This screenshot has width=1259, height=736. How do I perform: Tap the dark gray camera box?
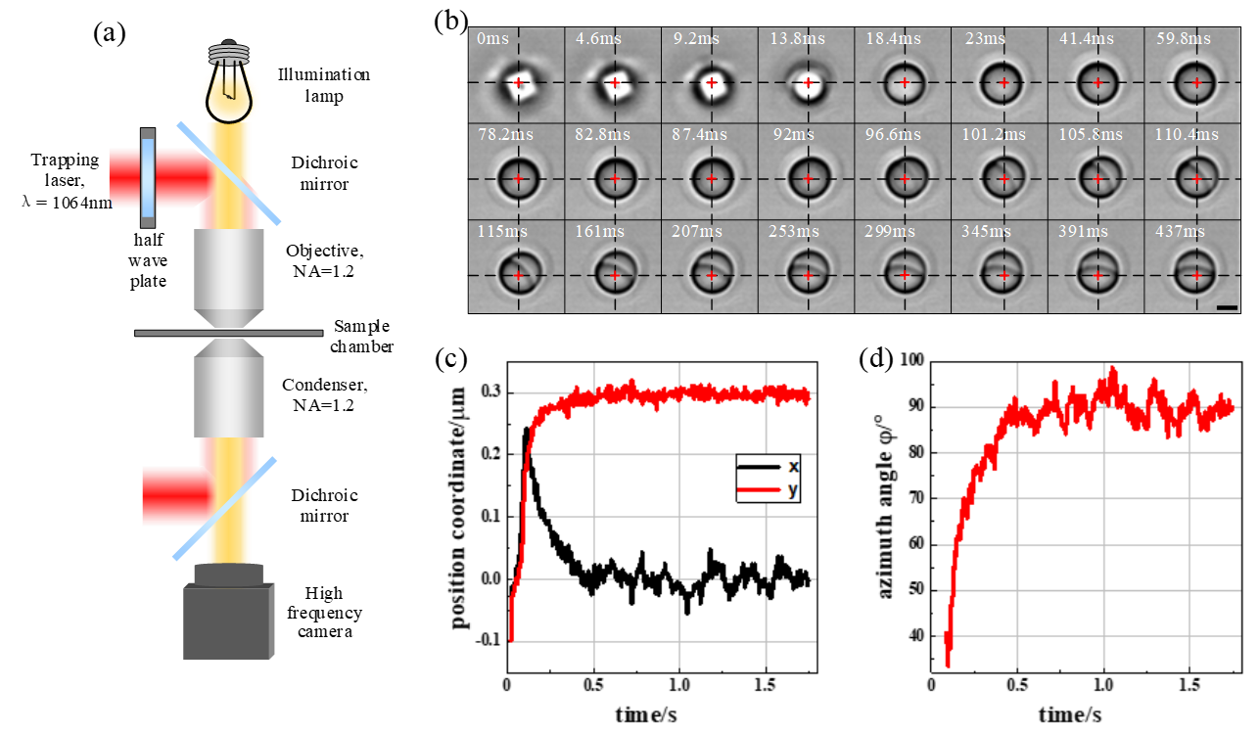tap(227, 621)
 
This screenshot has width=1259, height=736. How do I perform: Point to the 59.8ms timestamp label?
tap(1183, 39)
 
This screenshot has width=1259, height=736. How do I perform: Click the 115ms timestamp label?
tap(497, 231)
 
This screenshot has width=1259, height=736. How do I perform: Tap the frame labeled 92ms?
tap(806, 172)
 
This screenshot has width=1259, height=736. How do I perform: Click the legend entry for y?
tap(769, 490)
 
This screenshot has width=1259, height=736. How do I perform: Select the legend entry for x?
tap(769, 467)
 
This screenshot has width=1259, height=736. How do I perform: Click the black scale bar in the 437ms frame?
tap(1227, 307)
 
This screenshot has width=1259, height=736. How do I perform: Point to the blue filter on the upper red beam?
tap(148, 177)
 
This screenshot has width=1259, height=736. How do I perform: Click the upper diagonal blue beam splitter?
tap(229, 173)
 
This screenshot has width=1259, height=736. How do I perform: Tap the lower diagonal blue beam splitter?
tap(224, 509)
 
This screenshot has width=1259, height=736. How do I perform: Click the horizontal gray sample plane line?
tap(228, 333)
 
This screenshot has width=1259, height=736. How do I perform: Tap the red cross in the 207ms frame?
tap(711, 276)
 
